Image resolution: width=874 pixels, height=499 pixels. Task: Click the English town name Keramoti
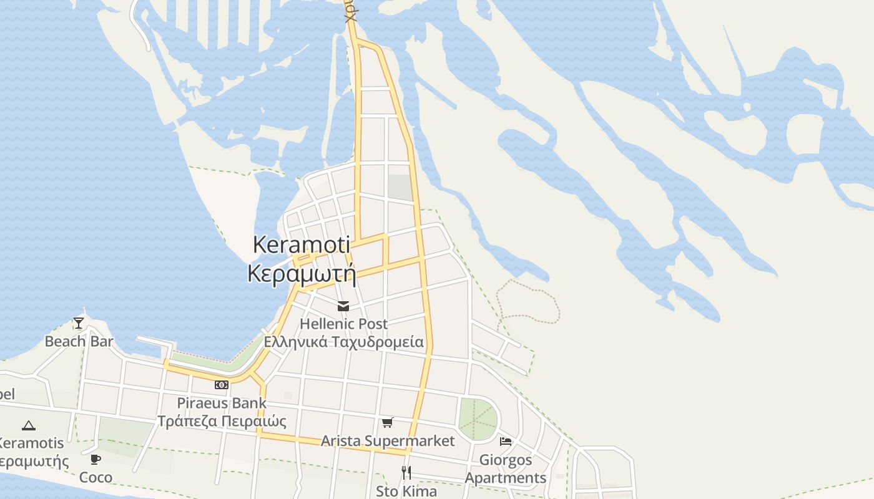pos(301,245)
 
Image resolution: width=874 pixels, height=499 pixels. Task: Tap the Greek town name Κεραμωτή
pos(302,274)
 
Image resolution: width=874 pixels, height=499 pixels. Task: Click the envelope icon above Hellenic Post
pos(343,306)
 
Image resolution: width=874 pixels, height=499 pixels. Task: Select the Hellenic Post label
pos(343,324)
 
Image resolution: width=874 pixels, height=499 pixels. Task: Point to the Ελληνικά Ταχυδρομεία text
pos(343,342)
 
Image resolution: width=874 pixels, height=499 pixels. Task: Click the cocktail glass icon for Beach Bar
pos(79,322)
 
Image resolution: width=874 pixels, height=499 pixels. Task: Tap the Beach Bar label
pos(79,341)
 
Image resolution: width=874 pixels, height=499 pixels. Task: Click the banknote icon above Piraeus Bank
pos(222,384)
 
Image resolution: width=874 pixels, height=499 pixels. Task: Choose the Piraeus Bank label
pos(222,403)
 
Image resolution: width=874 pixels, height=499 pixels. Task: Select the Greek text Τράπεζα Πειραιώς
pos(222,421)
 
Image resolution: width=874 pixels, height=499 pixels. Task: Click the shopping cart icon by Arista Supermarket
pos(387,423)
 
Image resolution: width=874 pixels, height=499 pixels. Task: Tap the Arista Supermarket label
pos(388,441)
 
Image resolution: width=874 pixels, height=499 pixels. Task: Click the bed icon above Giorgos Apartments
pos(506,442)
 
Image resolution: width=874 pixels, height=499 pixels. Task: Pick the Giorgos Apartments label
pos(506,469)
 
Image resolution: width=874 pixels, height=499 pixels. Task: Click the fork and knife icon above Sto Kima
pos(406,472)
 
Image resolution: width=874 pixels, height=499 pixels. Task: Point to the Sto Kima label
pos(406,491)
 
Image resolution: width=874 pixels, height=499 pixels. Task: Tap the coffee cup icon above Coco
pos(96,460)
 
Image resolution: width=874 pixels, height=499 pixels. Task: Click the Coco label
pos(96,478)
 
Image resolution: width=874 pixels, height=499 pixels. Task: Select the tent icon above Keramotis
pos(28,425)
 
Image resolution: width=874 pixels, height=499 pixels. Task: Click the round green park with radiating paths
pos(478,419)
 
